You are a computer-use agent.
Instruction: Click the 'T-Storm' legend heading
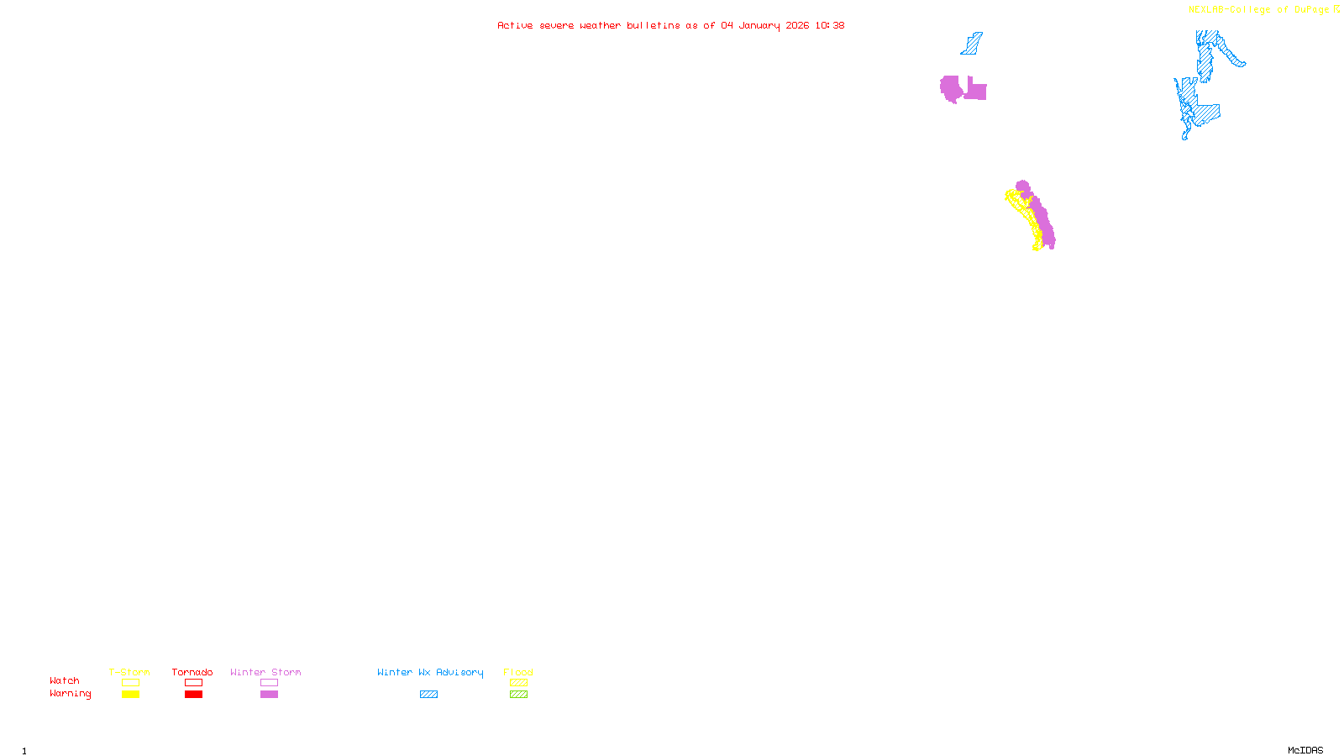(x=129, y=672)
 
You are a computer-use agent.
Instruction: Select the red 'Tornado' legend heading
(x=192, y=672)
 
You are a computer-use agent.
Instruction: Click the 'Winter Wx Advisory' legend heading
(x=430, y=672)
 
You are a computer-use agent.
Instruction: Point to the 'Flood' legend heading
(x=518, y=672)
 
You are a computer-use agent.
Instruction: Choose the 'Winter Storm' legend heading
(x=265, y=672)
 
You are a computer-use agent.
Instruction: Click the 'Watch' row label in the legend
(x=65, y=680)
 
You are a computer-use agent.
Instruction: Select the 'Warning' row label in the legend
(x=71, y=694)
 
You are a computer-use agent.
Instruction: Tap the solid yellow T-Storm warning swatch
(x=130, y=695)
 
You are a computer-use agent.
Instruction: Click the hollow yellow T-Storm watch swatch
(x=130, y=683)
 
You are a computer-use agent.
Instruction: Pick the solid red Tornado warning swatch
(x=194, y=695)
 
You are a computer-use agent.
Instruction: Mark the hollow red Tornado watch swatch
(x=194, y=683)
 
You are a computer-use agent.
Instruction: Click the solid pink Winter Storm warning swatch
(x=269, y=695)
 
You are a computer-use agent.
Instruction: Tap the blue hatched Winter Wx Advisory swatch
(x=428, y=695)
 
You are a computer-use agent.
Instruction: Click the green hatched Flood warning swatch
(x=518, y=695)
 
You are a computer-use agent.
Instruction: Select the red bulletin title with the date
(x=671, y=25)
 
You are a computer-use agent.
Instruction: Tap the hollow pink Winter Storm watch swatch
(x=269, y=683)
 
